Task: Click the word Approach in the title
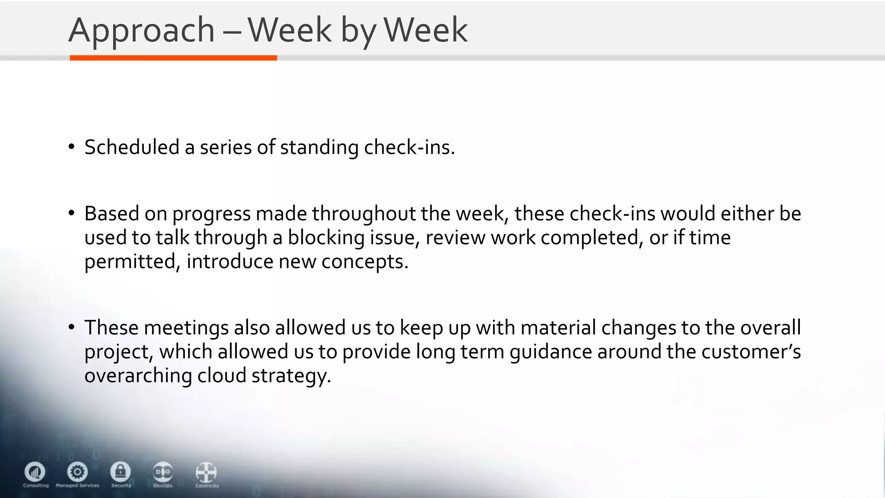pos(141,30)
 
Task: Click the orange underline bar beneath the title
pos(173,58)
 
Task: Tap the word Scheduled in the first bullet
pos(132,147)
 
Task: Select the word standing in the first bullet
pos(319,147)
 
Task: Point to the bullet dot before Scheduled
pos(72,147)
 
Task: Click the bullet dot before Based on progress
pos(72,213)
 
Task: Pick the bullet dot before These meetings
pos(72,327)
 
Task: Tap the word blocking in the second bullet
pos(326,238)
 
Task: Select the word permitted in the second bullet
pos(130,262)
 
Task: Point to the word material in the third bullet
pos(558,328)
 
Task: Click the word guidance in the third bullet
pos(551,351)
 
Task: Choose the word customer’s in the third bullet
pos(751,351)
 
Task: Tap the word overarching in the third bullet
pos(138,375)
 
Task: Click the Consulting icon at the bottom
pos(35,472)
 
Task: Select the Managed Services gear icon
pos(77,472)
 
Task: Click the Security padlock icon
pos(121,472)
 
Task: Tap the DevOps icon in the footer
pos(163,472)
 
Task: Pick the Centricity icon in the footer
pos(206,472)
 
